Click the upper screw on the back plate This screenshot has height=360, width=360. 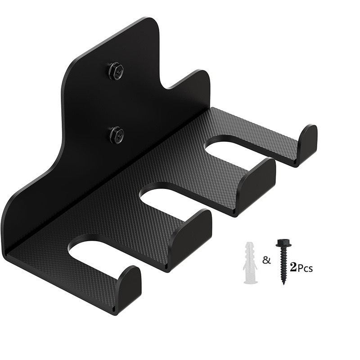(116, 71)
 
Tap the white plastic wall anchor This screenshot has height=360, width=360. (250, 262)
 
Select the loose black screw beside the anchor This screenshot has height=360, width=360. (283, 261)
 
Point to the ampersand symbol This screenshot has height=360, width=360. (266, 260)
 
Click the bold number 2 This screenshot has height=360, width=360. (294, 267)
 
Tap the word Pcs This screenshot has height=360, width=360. (305, 268)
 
